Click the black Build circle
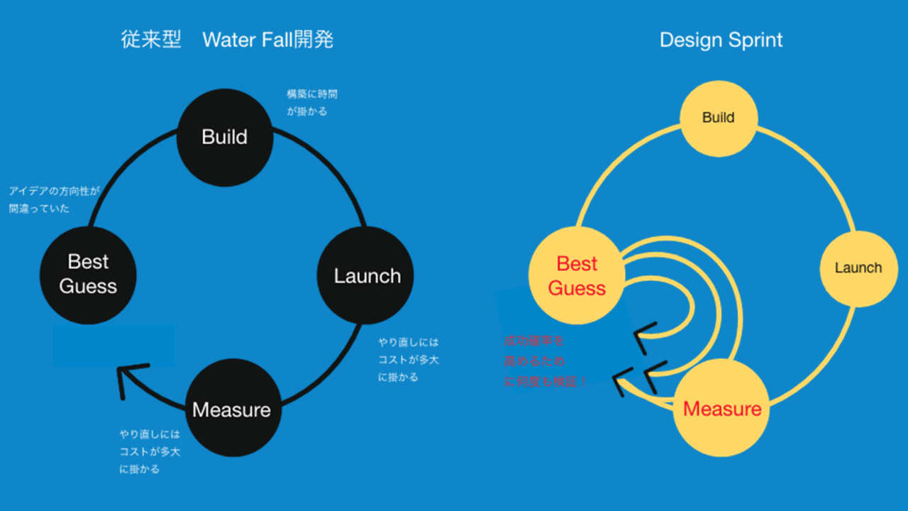224,138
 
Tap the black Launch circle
365,275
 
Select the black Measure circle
233,410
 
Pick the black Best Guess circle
88,275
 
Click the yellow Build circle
719,118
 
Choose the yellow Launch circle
858,268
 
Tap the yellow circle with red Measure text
721,410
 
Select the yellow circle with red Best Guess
577,275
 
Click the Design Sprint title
721,40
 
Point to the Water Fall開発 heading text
267,40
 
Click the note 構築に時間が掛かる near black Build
311,102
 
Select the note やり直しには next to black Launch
409,359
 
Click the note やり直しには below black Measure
150,451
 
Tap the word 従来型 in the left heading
151,40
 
